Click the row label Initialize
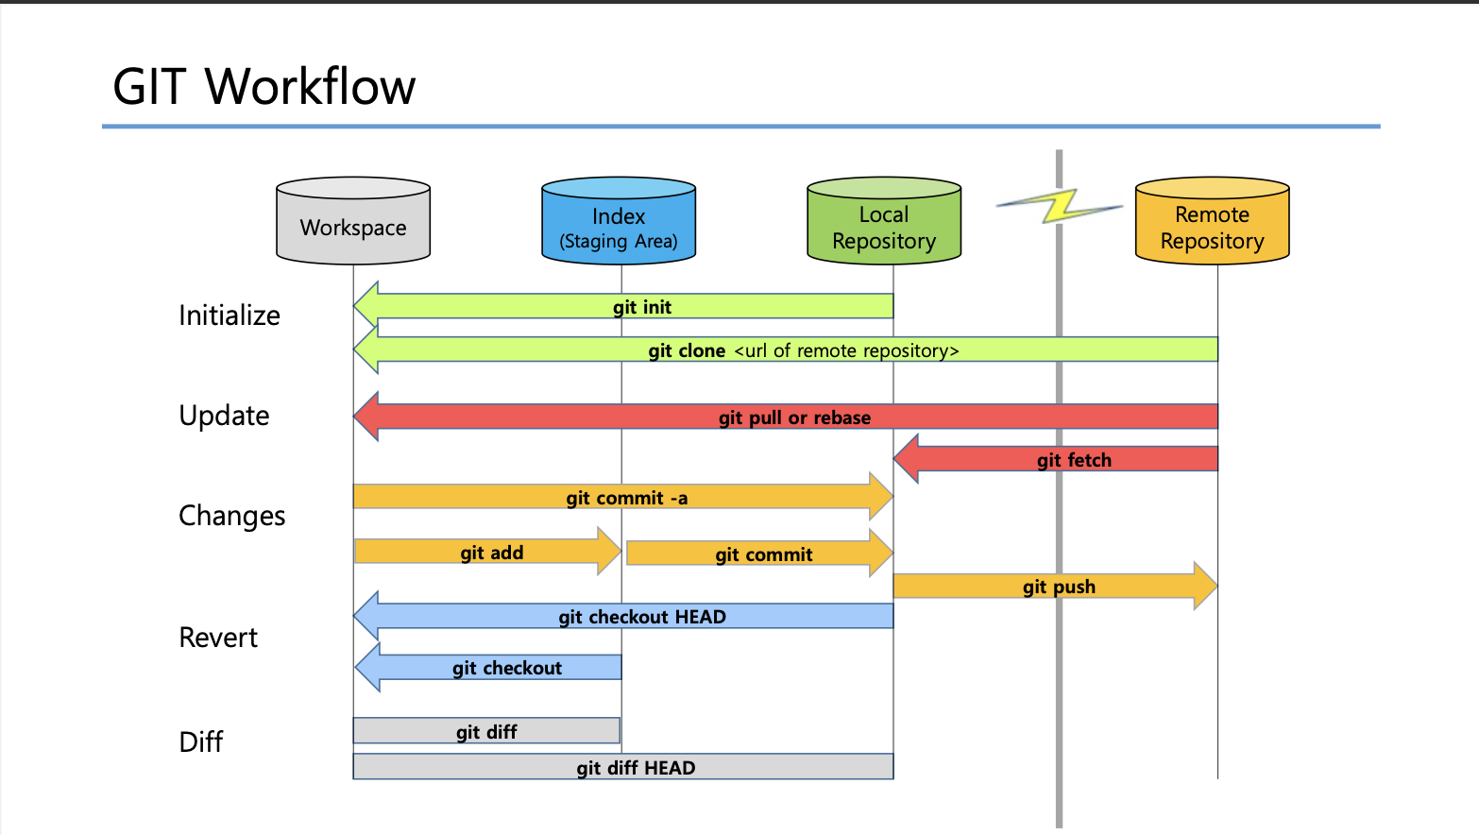pos(229,315)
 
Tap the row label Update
pos(224,416)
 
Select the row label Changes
pos(231,516)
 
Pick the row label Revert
pos(218,638)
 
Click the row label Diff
pos(200,741)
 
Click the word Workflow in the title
pos(310,87)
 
